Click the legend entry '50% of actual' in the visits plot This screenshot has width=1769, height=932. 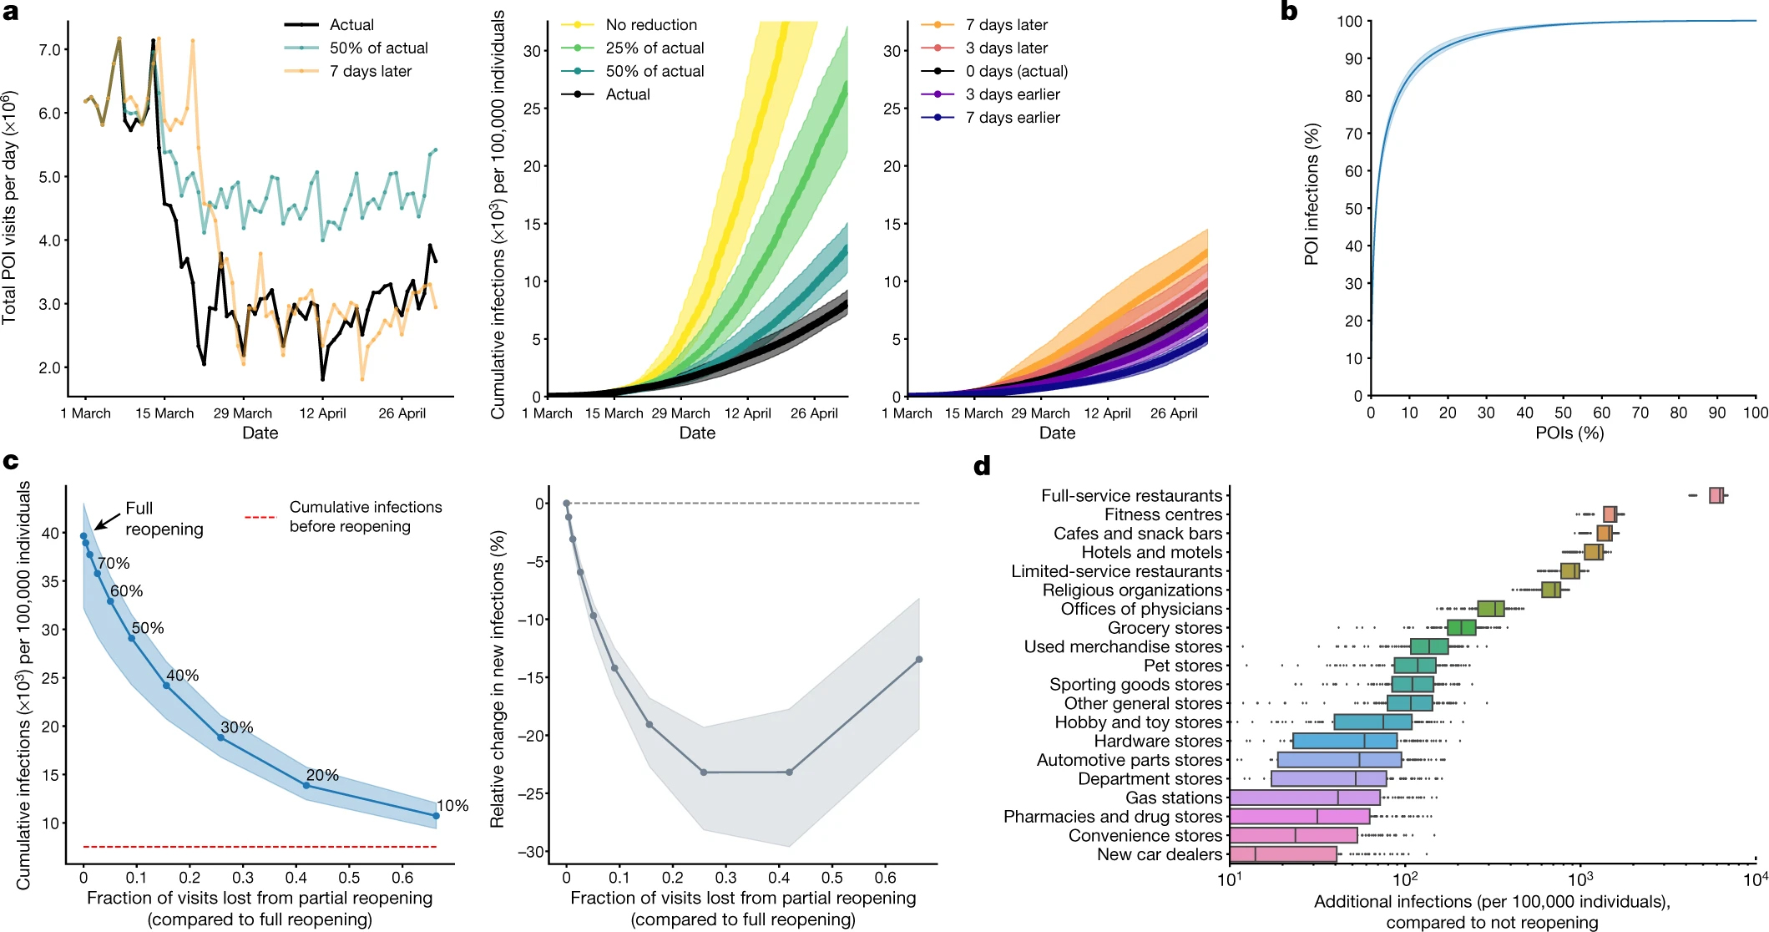click(x=378, y=48)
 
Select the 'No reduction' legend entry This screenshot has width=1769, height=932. click(x=651, y=25)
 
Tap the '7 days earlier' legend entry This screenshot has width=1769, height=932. click(x=1012, y=118)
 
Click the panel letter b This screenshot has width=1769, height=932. click(x=1289, y=12)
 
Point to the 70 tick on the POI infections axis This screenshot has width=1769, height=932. click(x=1352, y=134)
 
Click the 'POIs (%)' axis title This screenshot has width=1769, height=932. click(x=1569, y=433)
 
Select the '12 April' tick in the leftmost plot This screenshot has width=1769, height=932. click(x=322, y=413)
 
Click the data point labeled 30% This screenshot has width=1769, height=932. click(x=221, y=737)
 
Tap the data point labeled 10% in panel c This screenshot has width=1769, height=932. click(x=436, y=816)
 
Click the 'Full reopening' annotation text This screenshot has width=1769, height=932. click(x=164, y=519)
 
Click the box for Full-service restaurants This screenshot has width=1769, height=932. click(x=1716, y=495)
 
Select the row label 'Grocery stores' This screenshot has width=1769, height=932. click(x=1165, y=628)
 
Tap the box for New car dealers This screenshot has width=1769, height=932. click(x=1282, y=854)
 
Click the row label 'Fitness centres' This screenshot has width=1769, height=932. click(x=1163, y=514)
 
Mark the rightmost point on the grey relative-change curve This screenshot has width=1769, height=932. click(x=919, y=660)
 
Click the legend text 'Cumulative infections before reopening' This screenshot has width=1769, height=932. click(x=365, y=517)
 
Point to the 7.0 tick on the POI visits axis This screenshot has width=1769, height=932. click(x=49, y=50)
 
